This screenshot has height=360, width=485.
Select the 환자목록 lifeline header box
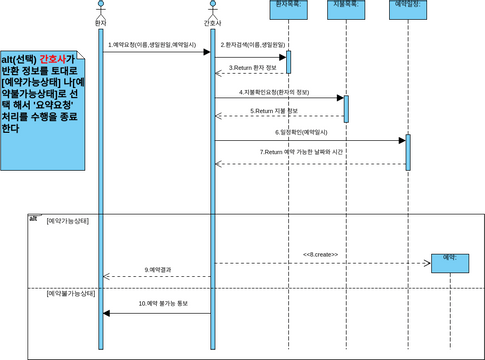tap(288, 6)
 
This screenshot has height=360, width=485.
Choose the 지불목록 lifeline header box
tap(346, 6)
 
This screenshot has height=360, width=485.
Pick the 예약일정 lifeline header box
tap(407, 6)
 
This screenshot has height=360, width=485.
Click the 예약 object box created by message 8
tap(451, 258)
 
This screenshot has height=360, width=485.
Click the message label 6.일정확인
tap(309, 131)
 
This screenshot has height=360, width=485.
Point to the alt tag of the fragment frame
tap(33, 217)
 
